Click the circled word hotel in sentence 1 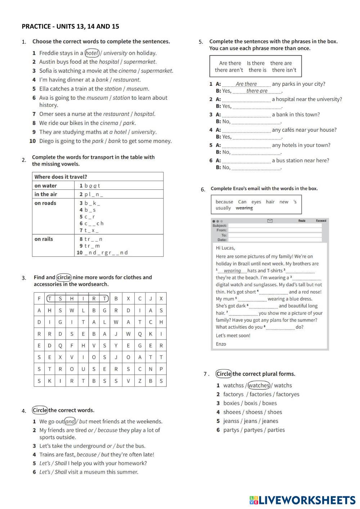[92, 53]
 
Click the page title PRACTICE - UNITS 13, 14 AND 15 [70, 26]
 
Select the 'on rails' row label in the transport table [44, 239]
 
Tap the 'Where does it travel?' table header [60, 177]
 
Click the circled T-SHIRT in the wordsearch [77, 298]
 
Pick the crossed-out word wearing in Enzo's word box [244, 208]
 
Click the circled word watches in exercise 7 [259, 385]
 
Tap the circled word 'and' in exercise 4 [70, 422]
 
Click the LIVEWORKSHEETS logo [302, 500]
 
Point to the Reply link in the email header [302, 220]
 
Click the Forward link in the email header [321, 220]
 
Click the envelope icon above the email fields [270, 221]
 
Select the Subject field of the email [275, 226]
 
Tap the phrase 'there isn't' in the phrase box [284, 70]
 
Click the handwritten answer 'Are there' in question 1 [246, 84]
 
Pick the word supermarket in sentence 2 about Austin [140, 62]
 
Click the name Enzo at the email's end [221, 344]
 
